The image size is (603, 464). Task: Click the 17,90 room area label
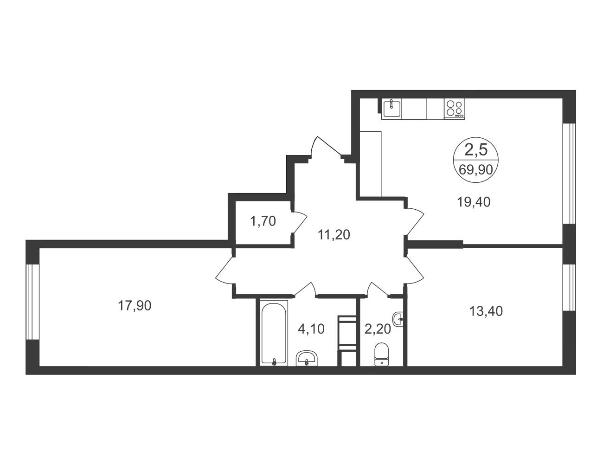pyautogui.click(x=135, y=306)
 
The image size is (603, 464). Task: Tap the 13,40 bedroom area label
pyautogui.click(x=486, y=311)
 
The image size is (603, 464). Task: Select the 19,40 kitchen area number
pyautogui.click(x=474, y=202)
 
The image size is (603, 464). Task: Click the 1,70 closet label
pyautogui.click(x=263, y=221)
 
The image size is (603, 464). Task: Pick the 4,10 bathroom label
pyautogui.click(x=311, y=329)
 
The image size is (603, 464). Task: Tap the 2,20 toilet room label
pyautogui.click(x=378, y=329)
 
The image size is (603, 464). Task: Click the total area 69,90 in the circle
pyautogui.click(x=476, y=169)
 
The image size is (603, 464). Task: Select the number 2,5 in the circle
pyautogui.click(x=476, y=150)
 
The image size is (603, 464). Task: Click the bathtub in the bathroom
pyautogui.click(x=274, y=333)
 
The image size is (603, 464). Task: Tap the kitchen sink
pyautogui.click(x=391, y=109)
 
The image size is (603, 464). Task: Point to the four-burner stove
pyautogui.click(x=454, y=109)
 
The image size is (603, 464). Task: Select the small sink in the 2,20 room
pyautogui.click(x=398, y=319)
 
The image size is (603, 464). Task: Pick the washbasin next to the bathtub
pyautogui.click(x=306, y=359)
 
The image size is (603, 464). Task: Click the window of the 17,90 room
pyautogui.click(x=32, y=302)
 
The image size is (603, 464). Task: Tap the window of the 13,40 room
pyautogui.click(x=569, y=288)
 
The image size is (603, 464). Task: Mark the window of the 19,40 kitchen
pyautogui.click(x=569, y=174)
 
